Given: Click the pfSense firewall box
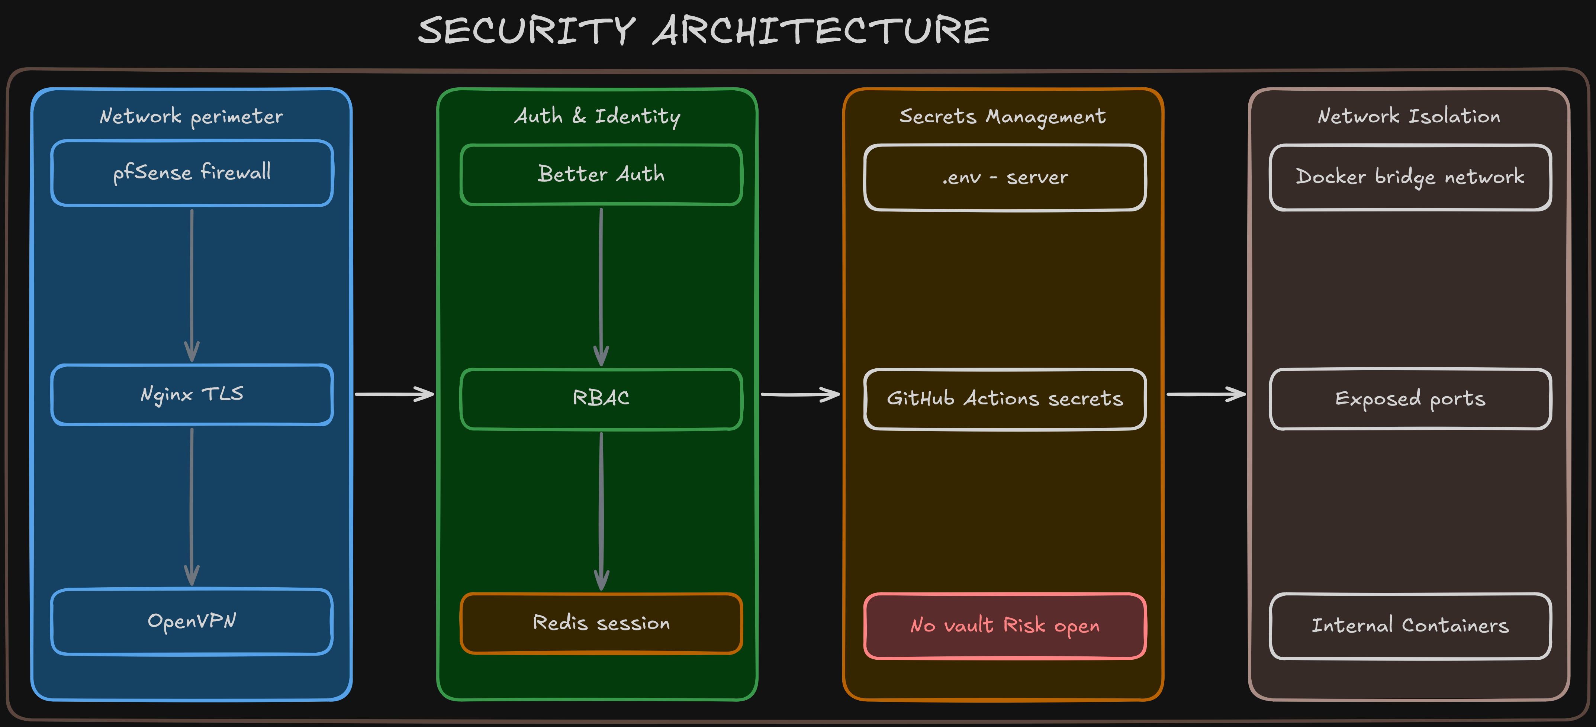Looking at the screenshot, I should pos(192,173).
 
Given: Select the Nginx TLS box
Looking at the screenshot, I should pos(192,394).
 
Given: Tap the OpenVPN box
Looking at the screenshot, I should pos(192,621).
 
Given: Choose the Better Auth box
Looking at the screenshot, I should pos(601,174).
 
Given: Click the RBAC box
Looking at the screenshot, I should pos(601,398).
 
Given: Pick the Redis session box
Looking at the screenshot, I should pos(601,623).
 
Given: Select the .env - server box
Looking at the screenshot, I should pos(1005,178).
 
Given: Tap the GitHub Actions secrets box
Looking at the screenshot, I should pos(1005,399).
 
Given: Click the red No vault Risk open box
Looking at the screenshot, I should pos(1005,626).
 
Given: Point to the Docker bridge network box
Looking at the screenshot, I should pos(1410,178).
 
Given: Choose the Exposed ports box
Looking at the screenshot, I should pos(1410,399).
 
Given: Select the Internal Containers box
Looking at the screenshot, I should pos(1410,626).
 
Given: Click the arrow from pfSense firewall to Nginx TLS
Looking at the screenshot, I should pos(192,285).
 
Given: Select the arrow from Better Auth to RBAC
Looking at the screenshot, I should pos(601,286).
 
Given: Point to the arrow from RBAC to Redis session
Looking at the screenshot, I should pos(601,511).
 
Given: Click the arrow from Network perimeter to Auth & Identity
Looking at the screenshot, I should pos(394,394).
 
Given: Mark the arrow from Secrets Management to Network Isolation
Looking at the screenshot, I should pos(1206,394).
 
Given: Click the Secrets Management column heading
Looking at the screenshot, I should pos(1003,116).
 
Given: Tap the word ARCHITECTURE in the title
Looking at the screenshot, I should pos(821,31).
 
